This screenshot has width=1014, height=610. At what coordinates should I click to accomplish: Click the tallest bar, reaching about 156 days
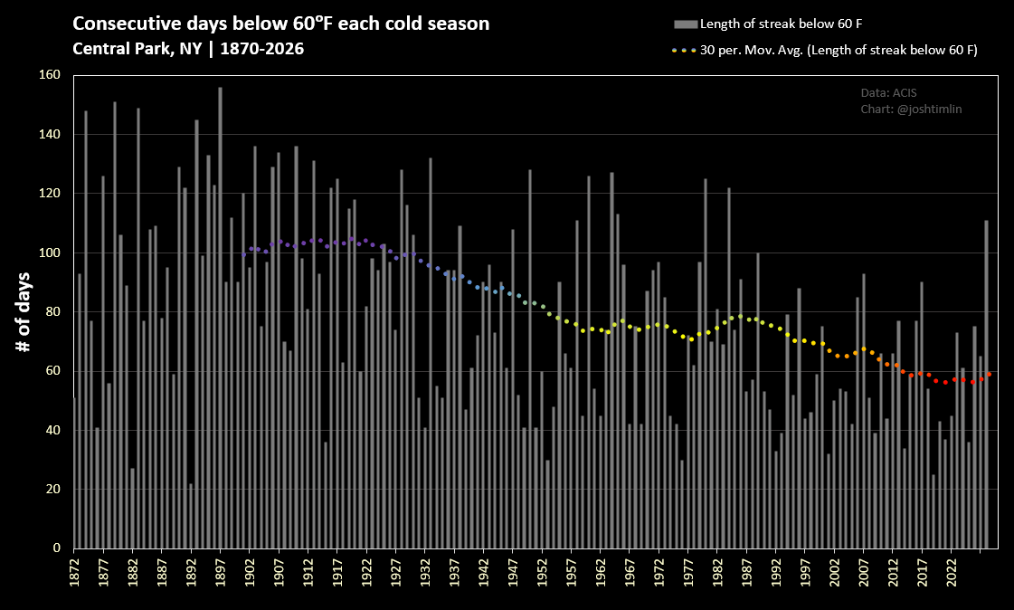pyautogui.click(x=220, y=318)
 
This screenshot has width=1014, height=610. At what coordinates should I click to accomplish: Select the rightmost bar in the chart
pyautogui.click(x=986, y=385)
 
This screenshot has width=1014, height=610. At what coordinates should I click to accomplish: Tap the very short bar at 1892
pyautogui.click(x=191, y=516)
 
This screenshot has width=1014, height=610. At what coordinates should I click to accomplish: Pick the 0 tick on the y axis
pyautogui.click(x=57, y=548)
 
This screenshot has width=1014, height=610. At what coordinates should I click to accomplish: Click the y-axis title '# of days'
pyautogui.click(x=24, y=312)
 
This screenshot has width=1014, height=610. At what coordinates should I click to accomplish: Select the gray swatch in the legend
pyautogui.click(x=686, y=24)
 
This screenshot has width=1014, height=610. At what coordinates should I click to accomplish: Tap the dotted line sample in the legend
pyautogui.click(x=684, y=50)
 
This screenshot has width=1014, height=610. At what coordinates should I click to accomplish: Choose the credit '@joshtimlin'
pyautogui.click(x=929, y=110)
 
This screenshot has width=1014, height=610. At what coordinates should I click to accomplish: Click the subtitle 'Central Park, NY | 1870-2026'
pyautogui.click(x=188, y=49)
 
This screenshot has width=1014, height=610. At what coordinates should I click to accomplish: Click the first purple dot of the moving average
pyautogui.click(x=244, y=255)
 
